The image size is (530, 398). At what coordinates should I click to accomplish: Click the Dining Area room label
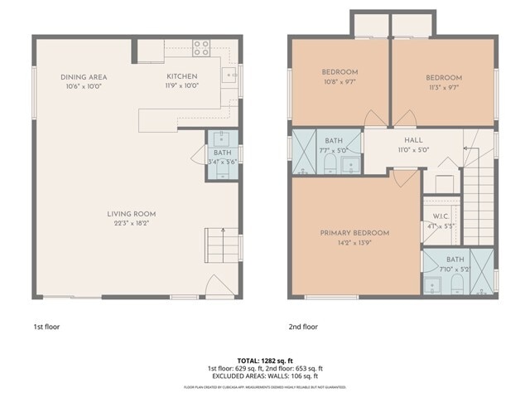pyautogui.click(x=84, y=77)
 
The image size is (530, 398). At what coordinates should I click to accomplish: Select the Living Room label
pyautogui.click(x=131, y=214)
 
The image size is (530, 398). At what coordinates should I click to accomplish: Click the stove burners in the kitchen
pyautogui.click(x=201, y=48)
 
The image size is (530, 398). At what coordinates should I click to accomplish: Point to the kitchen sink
pyautogui.click(x=229, y=76)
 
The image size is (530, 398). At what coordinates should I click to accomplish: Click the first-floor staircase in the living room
pyautogui.click(x=220, y=245)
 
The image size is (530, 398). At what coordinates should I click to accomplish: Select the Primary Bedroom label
pyautogui.click(x=354, y=233)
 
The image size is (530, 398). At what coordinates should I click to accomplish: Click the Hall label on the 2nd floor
pyautogui.click(x=413, y=141)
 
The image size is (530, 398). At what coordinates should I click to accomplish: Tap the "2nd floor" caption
pyautogui.click(x=303, y=327)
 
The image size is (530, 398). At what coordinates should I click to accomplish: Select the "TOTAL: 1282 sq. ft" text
pyautogui.click(x=265, y=361)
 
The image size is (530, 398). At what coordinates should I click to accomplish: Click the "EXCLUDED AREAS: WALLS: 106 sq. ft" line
pyautogui.click(x=265, y=376)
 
